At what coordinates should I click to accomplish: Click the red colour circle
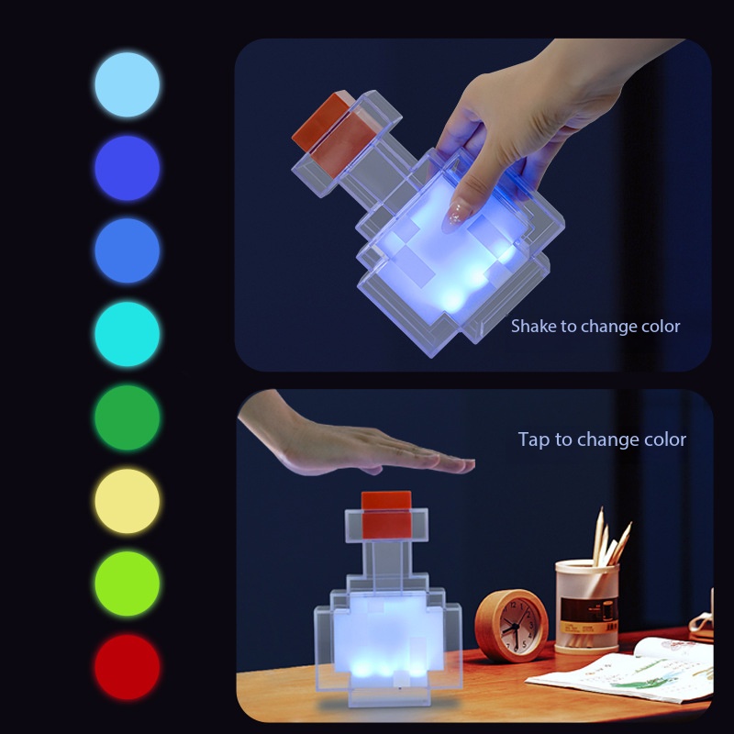[x=127, y=666]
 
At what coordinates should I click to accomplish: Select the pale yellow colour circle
[x=127, y=501]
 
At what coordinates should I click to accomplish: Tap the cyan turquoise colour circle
[x=127, y=334]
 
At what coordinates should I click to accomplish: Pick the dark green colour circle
[x=127, y=417]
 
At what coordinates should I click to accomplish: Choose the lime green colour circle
[x=127, y=584]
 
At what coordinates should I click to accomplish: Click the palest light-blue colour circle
[x=127, y=84]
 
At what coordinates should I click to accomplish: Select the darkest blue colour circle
[x=127, y=168]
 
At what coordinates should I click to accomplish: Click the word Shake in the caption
[x=533, y=326]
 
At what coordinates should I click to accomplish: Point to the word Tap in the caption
[x=535, y=440]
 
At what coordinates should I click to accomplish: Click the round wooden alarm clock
[x=512, y=624]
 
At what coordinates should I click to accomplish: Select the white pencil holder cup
[x=586, y=606]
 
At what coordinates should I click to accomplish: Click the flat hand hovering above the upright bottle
[x=367, y=445]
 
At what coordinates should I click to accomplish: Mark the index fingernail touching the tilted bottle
[x=455, y=217]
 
